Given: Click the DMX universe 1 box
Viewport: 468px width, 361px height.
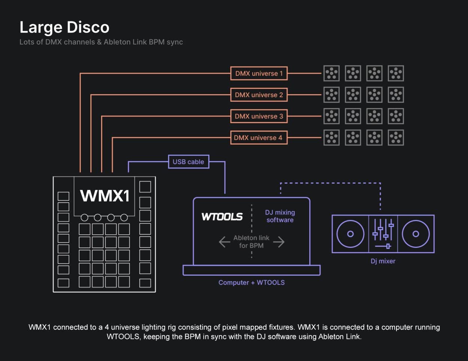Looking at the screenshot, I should click(259, 73).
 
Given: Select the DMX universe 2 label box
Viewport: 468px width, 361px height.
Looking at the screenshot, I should click(259, 95).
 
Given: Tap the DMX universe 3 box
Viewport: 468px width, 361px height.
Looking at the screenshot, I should click(259, 116).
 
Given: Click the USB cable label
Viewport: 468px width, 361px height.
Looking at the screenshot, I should click(188, 162).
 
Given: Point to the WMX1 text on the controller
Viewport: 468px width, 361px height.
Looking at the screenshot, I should click(105, 196).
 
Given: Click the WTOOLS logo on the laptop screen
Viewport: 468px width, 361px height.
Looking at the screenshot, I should click(222, 217).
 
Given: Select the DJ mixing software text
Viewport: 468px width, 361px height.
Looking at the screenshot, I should click(280, 216).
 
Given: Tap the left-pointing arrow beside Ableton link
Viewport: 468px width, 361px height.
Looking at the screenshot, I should click(224, 242).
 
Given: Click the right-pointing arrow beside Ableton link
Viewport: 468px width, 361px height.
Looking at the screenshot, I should click(279, 242).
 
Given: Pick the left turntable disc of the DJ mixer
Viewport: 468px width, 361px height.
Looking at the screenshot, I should click(350, 234).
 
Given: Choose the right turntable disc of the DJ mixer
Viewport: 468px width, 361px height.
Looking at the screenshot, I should click(416, 234).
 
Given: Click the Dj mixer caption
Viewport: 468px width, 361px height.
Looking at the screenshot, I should click(383, 261).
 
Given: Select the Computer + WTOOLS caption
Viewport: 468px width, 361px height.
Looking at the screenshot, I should click(251, 283).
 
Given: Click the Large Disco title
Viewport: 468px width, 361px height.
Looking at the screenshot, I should click(64, 27).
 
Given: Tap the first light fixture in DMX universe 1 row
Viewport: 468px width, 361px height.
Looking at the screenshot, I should click(331, 73).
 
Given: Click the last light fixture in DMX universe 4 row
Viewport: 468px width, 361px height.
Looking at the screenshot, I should click(396, 138).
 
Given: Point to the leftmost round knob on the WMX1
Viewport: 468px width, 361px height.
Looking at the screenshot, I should click(85, 217).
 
